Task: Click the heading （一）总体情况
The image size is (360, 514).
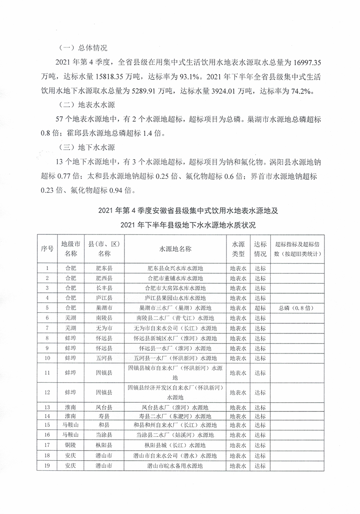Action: (x=83, y=47)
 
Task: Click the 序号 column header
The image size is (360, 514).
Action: (x=47, y=249)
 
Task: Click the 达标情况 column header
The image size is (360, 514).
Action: (x=260, y=249)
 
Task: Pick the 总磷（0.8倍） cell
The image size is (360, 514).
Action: (x=297, y=308)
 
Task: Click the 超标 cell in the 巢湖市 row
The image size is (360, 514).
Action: (x=260, y=308)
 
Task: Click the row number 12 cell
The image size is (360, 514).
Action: (x=47, y=392)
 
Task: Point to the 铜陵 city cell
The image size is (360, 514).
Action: (x=71, y=446)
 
